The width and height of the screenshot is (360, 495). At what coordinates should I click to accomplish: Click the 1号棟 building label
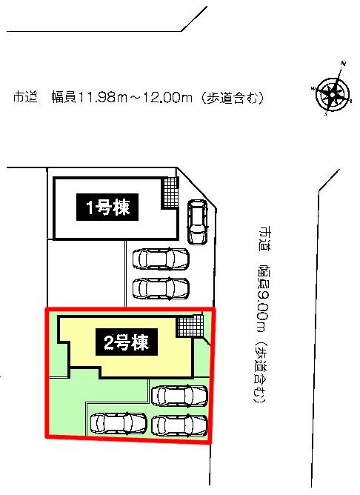(107, 207)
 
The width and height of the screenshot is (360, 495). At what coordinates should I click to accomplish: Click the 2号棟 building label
(127, 342)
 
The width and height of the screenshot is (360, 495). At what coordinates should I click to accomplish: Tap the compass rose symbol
(333, 90)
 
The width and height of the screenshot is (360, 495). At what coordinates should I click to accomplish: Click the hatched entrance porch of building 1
(170, 193)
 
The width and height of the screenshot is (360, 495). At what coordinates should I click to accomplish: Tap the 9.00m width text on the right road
(262, 310)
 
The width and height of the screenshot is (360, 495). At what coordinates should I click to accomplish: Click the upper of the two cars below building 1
(161, 259)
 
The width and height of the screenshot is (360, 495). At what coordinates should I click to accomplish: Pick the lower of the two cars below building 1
(161, 288)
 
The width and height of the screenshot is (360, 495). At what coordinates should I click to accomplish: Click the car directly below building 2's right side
(179, 396)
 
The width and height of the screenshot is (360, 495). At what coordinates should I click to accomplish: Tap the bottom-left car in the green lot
(119, 423)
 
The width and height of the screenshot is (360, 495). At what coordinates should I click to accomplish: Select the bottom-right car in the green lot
(179, 425)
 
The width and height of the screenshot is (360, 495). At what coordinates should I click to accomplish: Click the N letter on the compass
(344, 64)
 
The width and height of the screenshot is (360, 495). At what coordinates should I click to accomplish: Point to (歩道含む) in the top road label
(232, 98)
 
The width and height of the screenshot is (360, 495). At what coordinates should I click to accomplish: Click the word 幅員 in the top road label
(64, 98)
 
